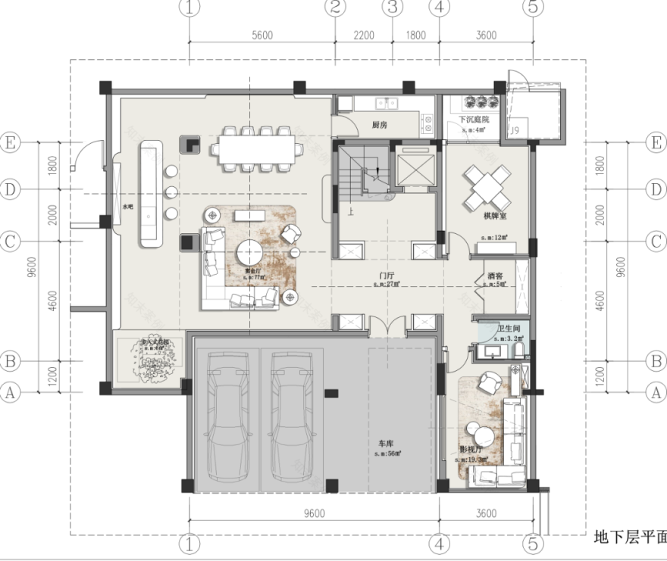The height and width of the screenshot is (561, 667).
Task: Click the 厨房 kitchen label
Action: tap(380, 125)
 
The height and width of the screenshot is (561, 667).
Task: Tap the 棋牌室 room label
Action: tap(495, 217)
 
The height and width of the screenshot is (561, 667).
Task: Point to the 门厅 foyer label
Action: tap(387, 276)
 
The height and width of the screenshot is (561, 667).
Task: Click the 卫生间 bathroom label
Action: tap(508, 329)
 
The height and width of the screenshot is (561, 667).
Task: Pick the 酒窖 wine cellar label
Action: tap(496, 277)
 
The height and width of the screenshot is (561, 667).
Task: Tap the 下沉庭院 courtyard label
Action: tap(474, 120)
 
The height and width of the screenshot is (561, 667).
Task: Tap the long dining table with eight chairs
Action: tap(255, 145)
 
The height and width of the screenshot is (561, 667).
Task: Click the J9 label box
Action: tap(515, 131)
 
